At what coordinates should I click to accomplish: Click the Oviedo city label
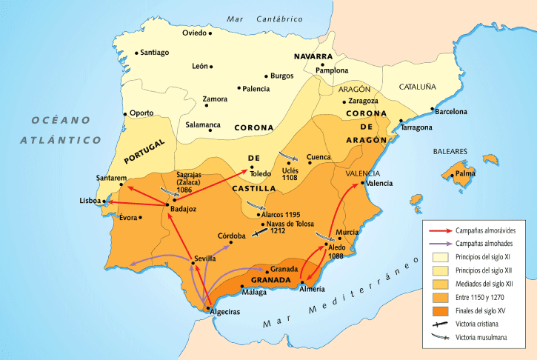(193, 33)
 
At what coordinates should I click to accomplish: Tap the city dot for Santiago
(137, 53)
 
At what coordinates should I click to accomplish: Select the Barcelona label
(450, 112)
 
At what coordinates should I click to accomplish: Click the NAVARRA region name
(313, 56)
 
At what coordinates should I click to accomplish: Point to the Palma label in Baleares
(464, 173)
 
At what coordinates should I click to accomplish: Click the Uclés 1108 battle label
(290, 174)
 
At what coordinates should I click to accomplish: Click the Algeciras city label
(225, 312)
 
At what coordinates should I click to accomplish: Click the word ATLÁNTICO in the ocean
(60, 139)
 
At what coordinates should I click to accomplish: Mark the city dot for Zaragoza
(344, 101)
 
